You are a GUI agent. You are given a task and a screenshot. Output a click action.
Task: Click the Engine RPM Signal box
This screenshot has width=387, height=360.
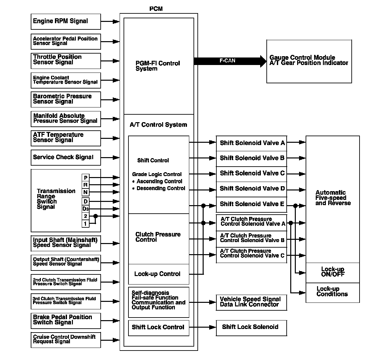pos(66,22)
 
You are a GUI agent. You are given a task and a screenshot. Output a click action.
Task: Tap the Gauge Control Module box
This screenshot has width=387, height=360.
pos(309,61)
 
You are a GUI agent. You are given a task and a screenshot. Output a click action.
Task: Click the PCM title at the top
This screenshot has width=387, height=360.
pos(156,9)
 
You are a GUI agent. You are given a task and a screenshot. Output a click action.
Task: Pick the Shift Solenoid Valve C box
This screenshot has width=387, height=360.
pos(251,173)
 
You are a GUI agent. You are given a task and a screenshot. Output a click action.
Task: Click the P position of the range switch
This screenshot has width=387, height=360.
pos(85,178)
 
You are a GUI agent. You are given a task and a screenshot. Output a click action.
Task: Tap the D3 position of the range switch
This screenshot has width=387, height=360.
pos(85,209)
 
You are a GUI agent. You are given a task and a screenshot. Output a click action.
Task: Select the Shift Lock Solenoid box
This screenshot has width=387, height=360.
pos(251,327)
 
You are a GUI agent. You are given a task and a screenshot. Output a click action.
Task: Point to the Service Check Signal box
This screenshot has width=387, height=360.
pos(66,157)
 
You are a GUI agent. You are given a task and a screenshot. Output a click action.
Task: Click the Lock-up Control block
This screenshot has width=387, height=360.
pos(159,274)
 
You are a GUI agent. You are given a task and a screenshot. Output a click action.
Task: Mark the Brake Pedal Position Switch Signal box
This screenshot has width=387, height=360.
pos(66,320)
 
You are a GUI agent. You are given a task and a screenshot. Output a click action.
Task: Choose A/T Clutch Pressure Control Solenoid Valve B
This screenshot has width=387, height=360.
pos(251,238)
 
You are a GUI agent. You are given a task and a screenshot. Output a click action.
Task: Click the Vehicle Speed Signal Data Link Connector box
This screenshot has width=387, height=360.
pos(251,302)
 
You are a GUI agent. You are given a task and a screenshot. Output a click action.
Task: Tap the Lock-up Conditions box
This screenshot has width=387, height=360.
pos(332,292)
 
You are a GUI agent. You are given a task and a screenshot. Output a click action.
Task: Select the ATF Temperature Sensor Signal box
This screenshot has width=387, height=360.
pos(66,138)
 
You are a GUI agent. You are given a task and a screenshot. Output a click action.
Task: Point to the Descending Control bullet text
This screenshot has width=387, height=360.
pos(160,188)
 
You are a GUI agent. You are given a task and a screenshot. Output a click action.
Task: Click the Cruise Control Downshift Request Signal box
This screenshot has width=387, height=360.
pos(66,339)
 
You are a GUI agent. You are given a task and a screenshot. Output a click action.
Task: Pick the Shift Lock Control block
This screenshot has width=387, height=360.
pos(159,327)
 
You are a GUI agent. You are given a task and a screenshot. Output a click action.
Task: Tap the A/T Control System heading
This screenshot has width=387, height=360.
pos(159,125)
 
